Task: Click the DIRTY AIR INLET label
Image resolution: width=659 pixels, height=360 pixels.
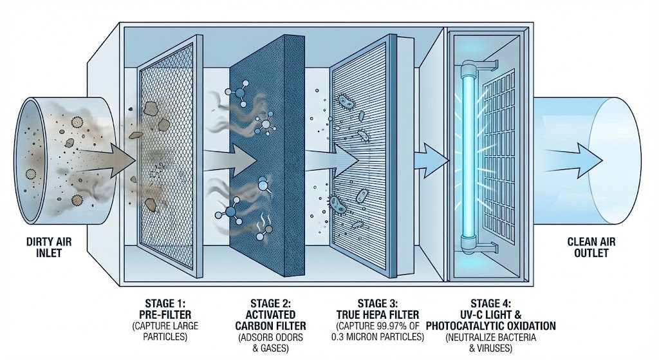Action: [44, 247]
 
